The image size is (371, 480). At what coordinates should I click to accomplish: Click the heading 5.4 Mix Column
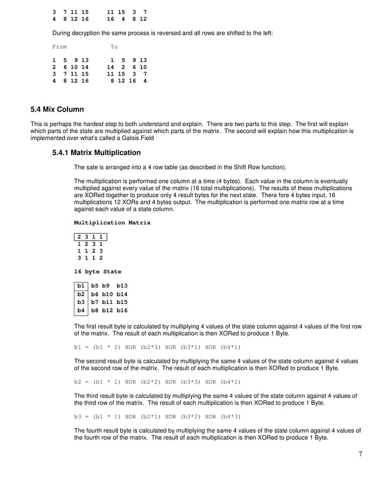pyautogui.click(x=57, y=109)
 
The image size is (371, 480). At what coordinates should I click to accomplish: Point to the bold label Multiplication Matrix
pyautogui.click(x=112, y=223)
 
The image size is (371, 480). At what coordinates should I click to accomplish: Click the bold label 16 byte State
pyautogui.click(x=98, y=271)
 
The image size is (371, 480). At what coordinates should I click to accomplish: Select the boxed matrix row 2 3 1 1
pyautogui.click(x=91, y=237)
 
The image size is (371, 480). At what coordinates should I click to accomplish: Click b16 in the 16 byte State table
pyautogui.click(x=122, y=311)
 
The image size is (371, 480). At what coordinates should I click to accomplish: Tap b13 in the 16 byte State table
pyautogui.click(x=122, y=286)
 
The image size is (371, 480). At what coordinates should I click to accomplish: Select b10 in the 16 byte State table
pyautogui.click(x=106, y=295)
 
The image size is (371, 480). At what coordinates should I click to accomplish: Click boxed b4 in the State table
pyautogui.click(x=81, y=311)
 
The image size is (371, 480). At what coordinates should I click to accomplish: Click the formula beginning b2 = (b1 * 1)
pyautogui.click(x=157, y=382)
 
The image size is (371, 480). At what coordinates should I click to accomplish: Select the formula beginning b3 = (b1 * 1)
pyautogui.click(x=157, y=416)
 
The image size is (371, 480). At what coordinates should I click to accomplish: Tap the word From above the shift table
pyautogui.click(x=59, y=46)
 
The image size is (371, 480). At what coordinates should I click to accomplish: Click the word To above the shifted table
pyautogui.click(x=114, y=46)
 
